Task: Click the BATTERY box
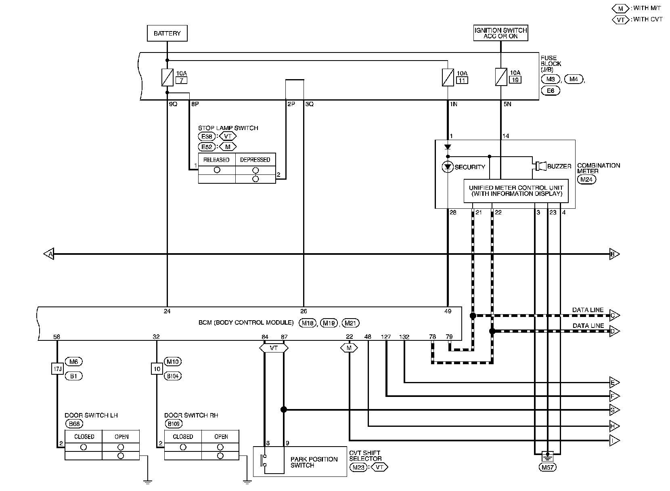click(167, 33)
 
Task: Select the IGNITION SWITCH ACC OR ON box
click(501, 33)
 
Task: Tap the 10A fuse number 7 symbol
click(167, 78)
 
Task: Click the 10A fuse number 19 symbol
click(501, 77)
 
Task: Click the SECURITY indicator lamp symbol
click(448, 167)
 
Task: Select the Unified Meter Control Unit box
click(516, 191)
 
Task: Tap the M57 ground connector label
click(547, 467)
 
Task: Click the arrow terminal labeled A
click(49, 254)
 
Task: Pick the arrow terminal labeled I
click(615, 441)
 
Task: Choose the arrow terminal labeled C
click(615, 315)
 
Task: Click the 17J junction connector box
click(57, 369)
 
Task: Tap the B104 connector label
click(173, 376)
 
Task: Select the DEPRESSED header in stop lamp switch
click(255, 160)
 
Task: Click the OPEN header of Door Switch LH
click(121, 436)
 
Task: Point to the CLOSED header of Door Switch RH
click(183, 436)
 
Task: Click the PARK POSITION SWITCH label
click(314, 462)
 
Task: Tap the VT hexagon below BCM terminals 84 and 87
click(274, 348)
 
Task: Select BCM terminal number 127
click(386, 337)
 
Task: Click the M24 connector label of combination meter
click(586, 180)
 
